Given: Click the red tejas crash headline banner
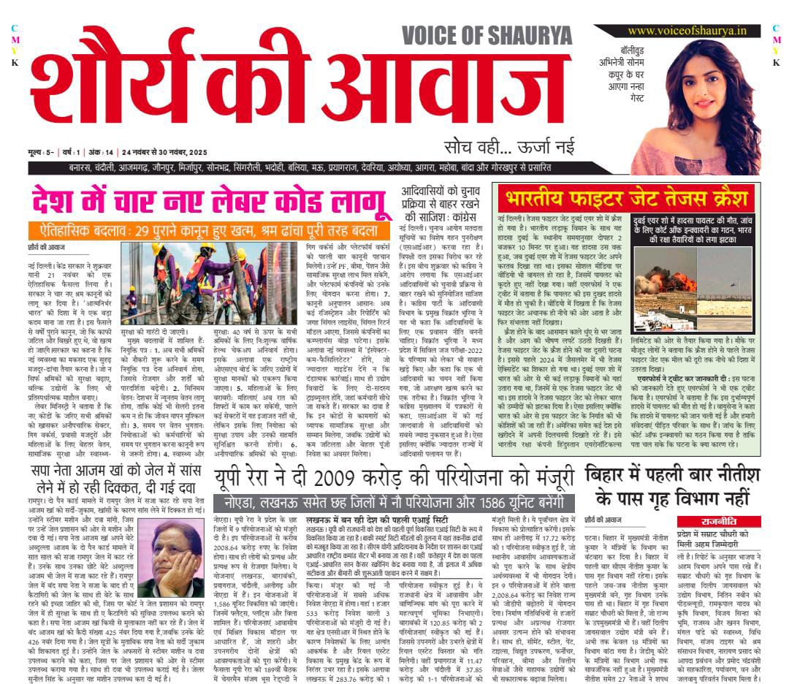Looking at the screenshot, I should tap(628, 197).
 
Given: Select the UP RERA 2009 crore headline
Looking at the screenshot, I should tap(394, 479).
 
